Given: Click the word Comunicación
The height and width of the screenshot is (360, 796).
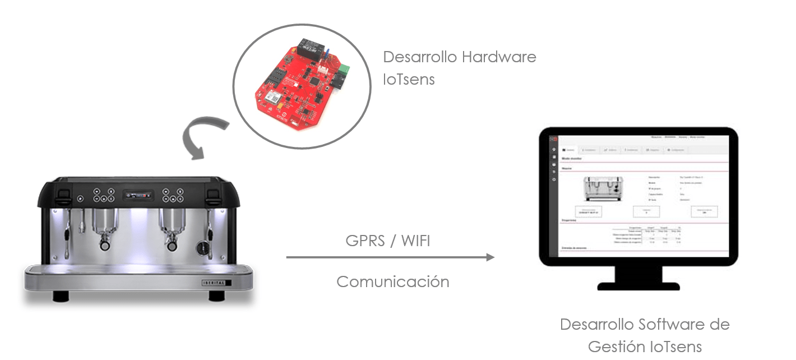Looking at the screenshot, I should point(393,281).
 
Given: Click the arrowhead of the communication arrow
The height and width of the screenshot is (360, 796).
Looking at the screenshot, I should point(490,257).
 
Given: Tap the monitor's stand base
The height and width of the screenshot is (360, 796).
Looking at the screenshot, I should point(638,285).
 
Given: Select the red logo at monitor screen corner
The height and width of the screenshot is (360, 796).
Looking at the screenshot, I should point(553,138).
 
